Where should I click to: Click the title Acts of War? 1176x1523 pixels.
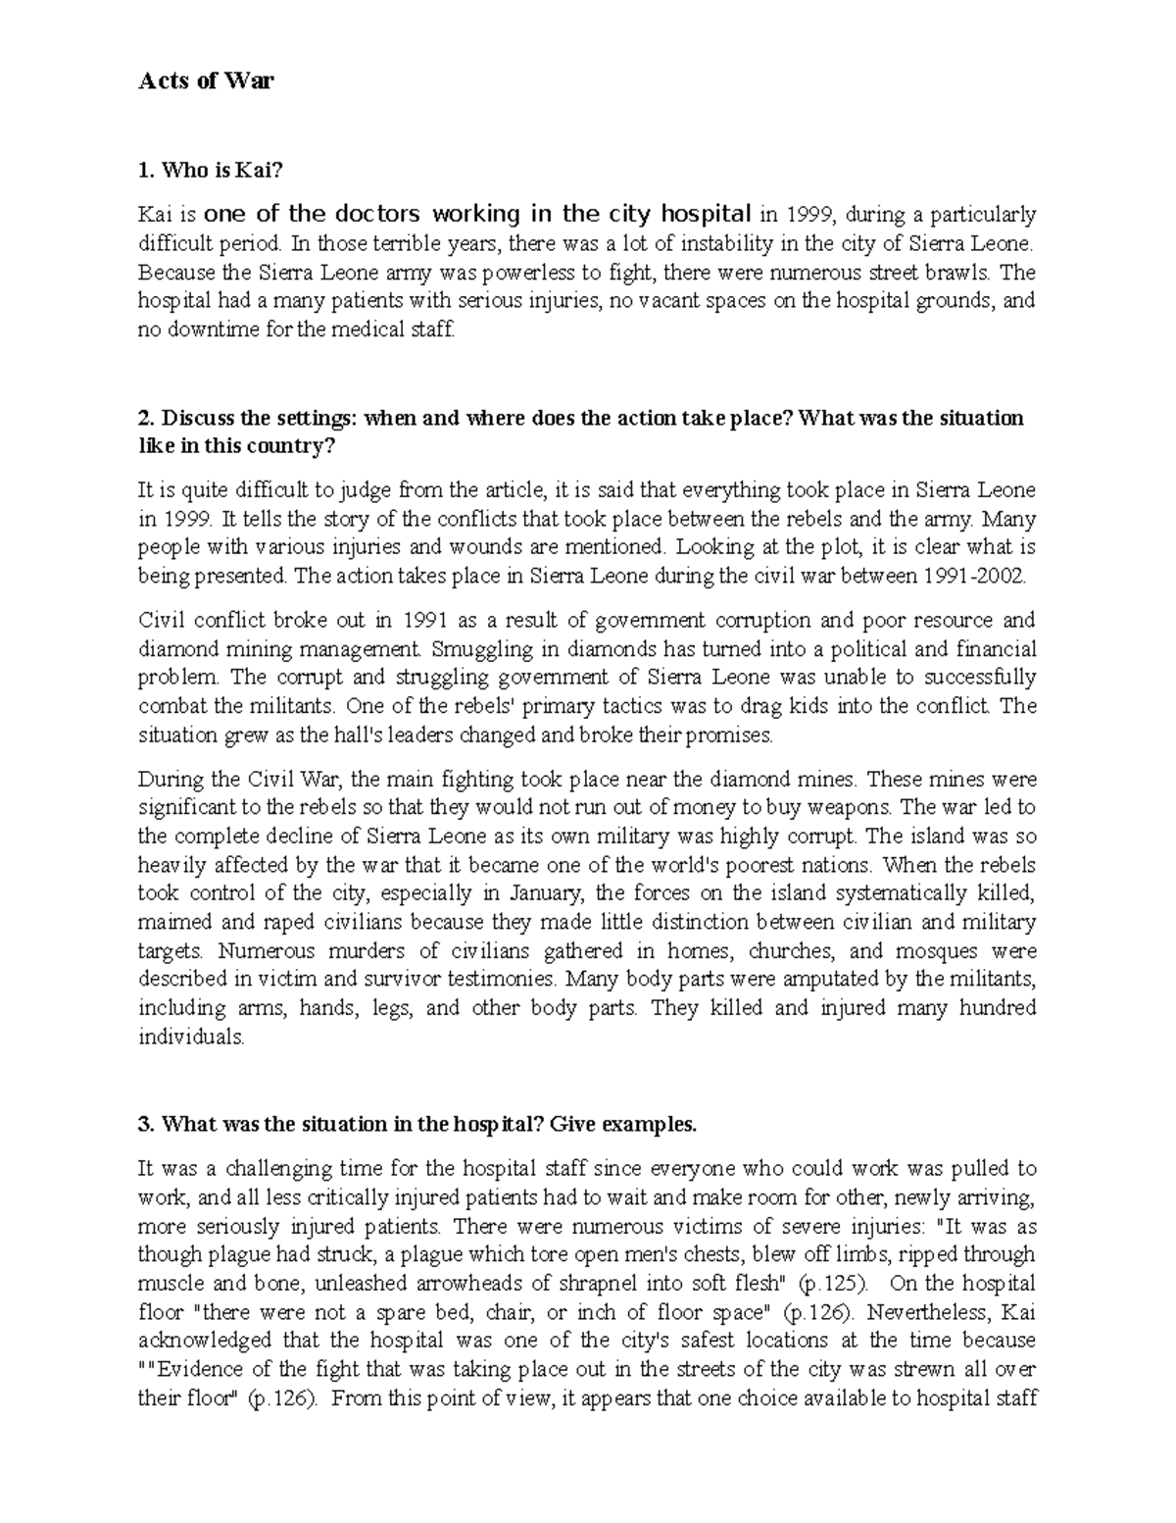click(x=206, y=81)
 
